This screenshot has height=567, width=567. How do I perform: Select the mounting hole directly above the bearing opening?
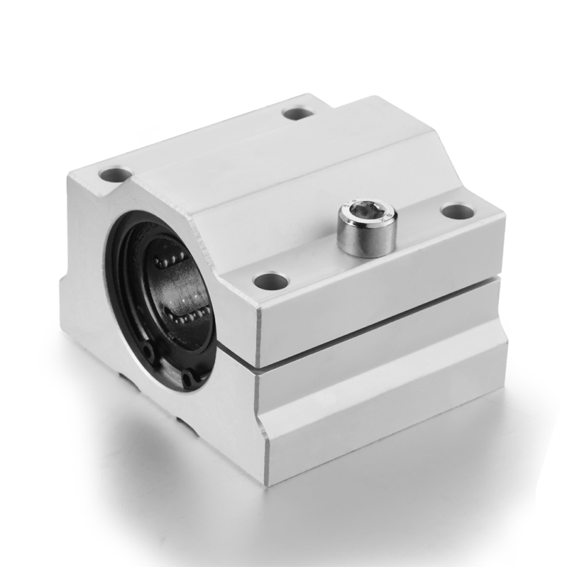(x=114, y=175)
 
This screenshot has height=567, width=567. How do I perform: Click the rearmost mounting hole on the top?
(x=298, y=114)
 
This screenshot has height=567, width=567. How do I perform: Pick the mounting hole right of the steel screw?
(x=458, y=211)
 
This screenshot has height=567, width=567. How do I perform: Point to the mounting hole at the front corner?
(x=269, y=281)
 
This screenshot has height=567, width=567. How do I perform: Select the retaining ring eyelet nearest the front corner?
(x=190, y=379)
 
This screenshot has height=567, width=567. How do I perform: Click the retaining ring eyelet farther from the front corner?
(x=148, y=351)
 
